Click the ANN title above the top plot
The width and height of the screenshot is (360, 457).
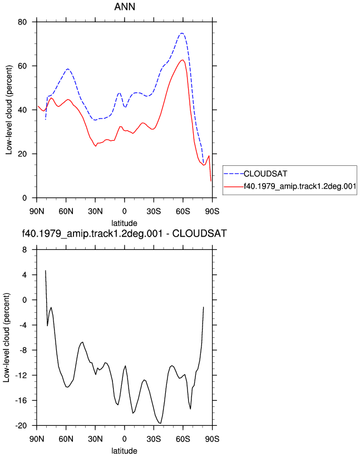(x=125, y=7)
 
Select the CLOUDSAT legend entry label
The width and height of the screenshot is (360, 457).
(x=265, y=174)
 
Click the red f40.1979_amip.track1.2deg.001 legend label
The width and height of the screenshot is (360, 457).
(x=300, y=186)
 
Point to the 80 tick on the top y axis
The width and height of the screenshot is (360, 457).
(x=22, y=22)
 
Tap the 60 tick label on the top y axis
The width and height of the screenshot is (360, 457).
(x=22, y=66)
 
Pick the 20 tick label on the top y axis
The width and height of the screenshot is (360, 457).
(x=22, y=154)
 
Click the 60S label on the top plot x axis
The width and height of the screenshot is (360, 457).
(x=183, y=211)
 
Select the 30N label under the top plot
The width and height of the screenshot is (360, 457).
(x=95, y=211)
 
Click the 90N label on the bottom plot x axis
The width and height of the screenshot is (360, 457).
(x=37, y=439)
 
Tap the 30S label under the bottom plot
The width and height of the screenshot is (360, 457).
(x=154, y=439)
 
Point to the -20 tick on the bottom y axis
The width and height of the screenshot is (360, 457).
(x=21, y=425)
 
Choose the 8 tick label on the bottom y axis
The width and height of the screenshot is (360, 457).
(x=24, y=249)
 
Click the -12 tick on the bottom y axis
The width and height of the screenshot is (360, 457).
(x=21, y=375)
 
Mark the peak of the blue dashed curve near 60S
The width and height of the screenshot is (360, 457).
(x=182, y=33)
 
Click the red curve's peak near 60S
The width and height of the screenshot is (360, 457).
(x=183, y=60)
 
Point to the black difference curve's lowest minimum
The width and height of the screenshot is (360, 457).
(x=160, y=423)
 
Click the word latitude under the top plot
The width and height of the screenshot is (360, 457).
(x=125, y=223)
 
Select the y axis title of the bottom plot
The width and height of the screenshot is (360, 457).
(x=7, y=337)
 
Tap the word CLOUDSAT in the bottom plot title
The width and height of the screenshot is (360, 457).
(x=200, y=233)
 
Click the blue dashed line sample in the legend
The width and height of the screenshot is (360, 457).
(x=234, y=174)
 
